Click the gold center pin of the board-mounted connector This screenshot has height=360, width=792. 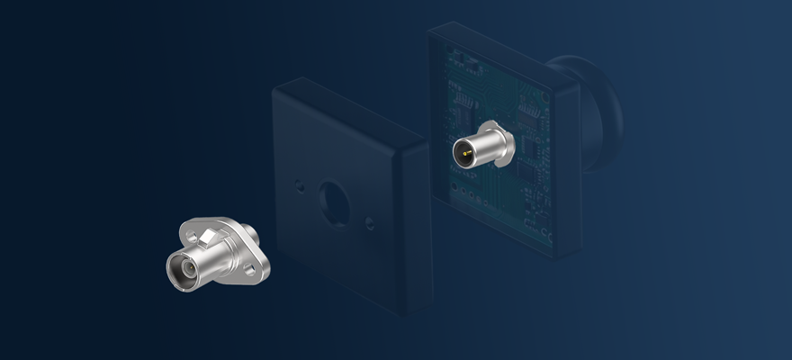(464, 155)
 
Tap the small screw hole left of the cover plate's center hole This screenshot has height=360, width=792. (300, 187)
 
